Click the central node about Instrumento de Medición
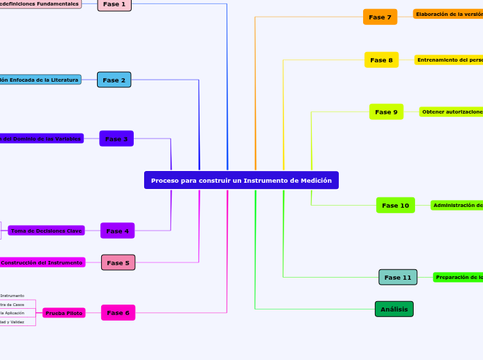pos(241,180)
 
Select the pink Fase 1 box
pos(114,4)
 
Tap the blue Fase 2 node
pos(114,80)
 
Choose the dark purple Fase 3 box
pos(116,138)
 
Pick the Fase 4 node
pos(117,231)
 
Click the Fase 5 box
pos(118,262)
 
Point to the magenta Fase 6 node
pos(118,313)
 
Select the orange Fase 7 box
pos(380,17)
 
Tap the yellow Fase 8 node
pos(381,60)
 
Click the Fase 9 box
pos(386,111)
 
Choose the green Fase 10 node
pos(396,205)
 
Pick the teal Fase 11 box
pos(398,277)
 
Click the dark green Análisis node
pos(394,309)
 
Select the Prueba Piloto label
pos(64,313)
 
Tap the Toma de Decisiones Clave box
pos(46,231)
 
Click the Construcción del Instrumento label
pos(42,262)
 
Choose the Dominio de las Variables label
pos(41,138)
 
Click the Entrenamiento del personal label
pos(450,60)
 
